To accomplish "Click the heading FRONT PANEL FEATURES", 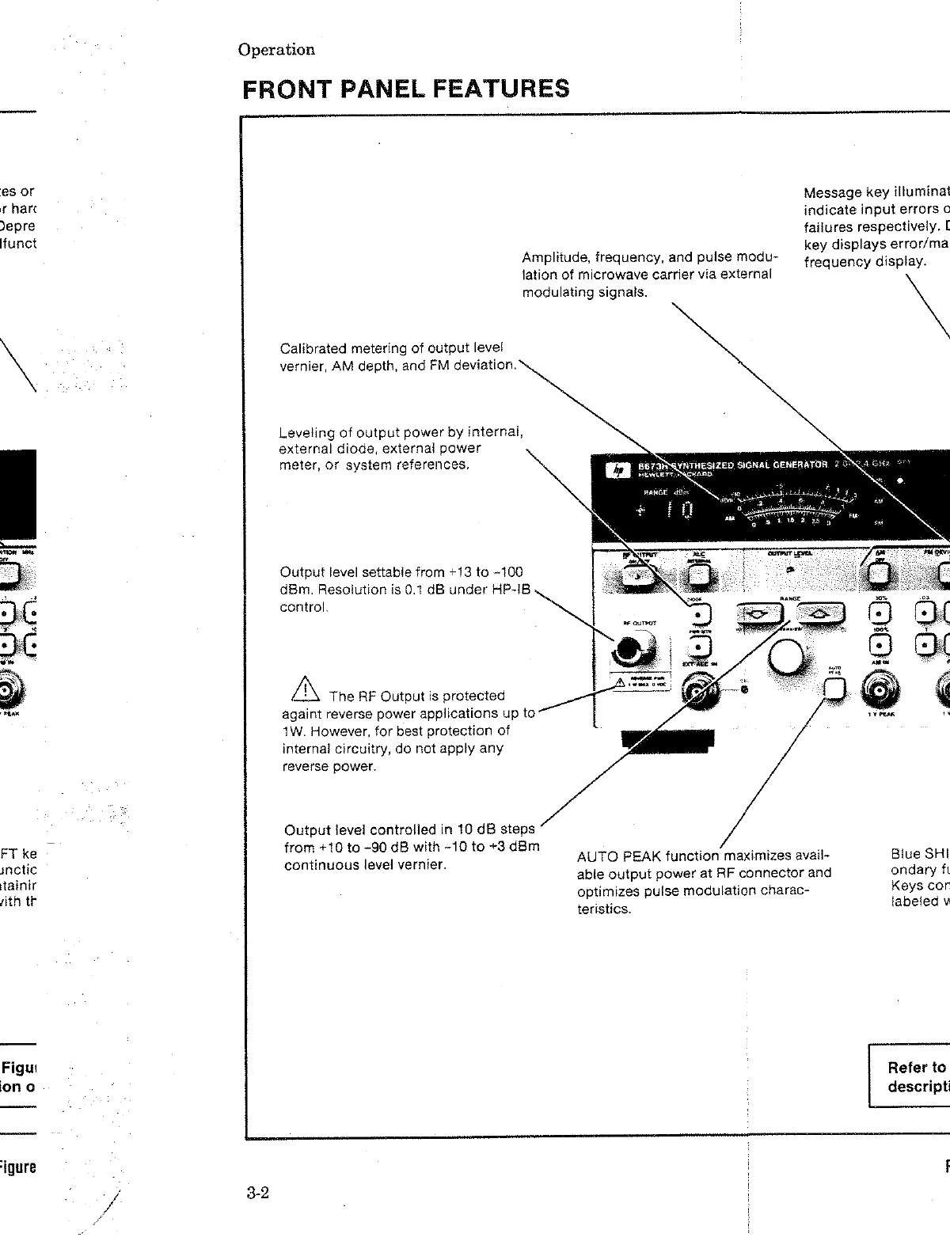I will click(x=405, y=89).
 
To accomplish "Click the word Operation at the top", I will click(x=276, y=50).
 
